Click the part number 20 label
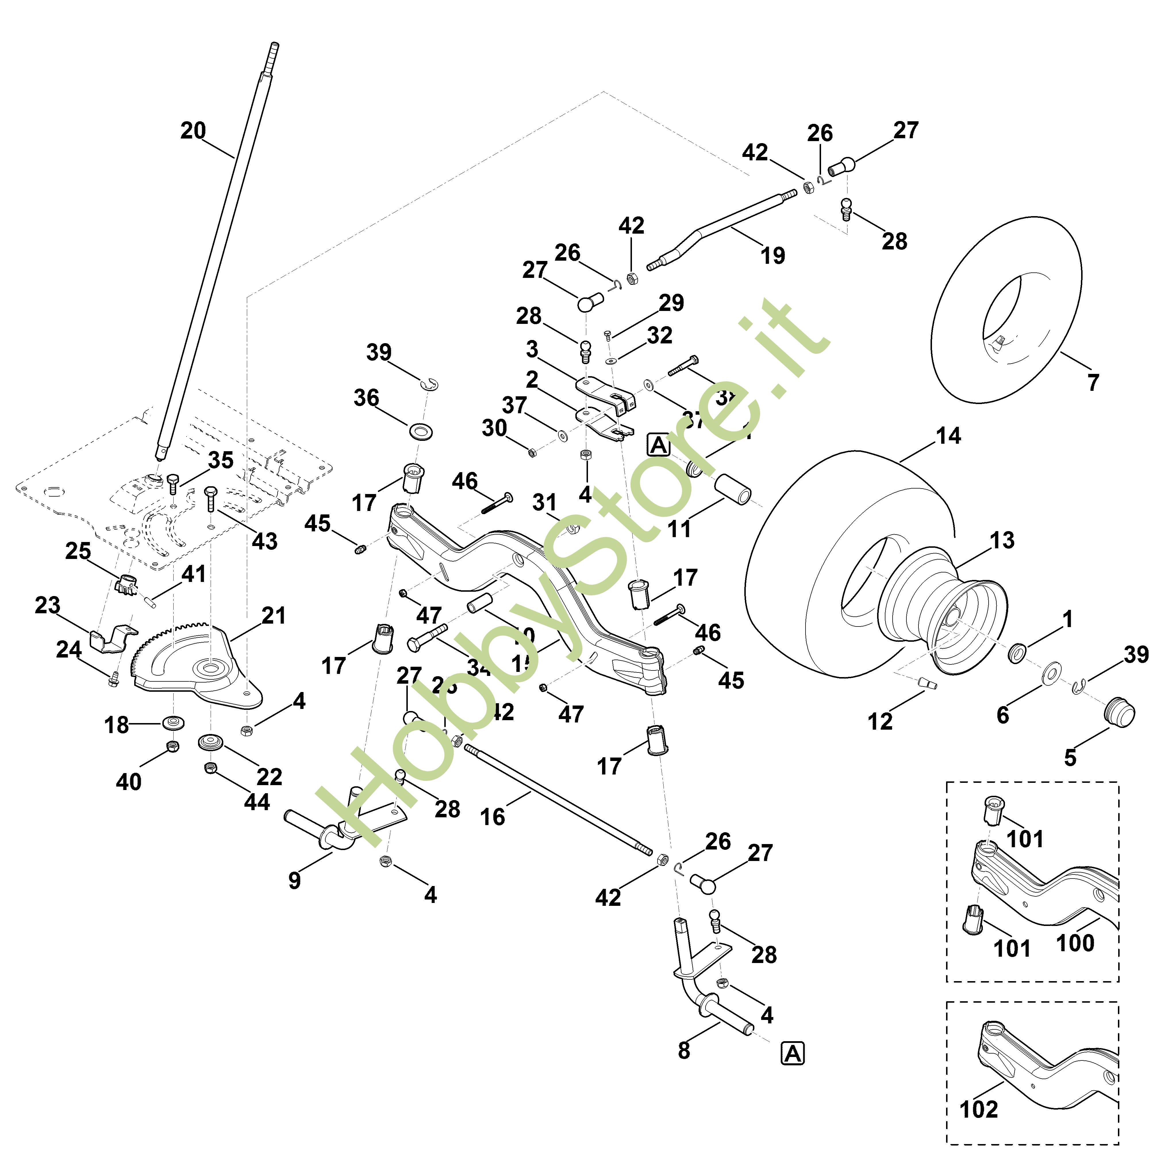coord(193,130)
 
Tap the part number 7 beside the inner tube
coord(1093,382)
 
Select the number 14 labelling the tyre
coord(948,435)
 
